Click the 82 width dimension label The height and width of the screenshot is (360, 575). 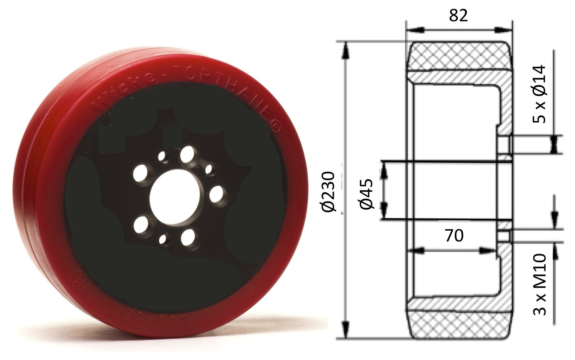(x=458, y=16)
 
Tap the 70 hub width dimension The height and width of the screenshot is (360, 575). (x=454, y=236)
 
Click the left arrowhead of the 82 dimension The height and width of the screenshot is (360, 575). (x=415, y=30)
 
